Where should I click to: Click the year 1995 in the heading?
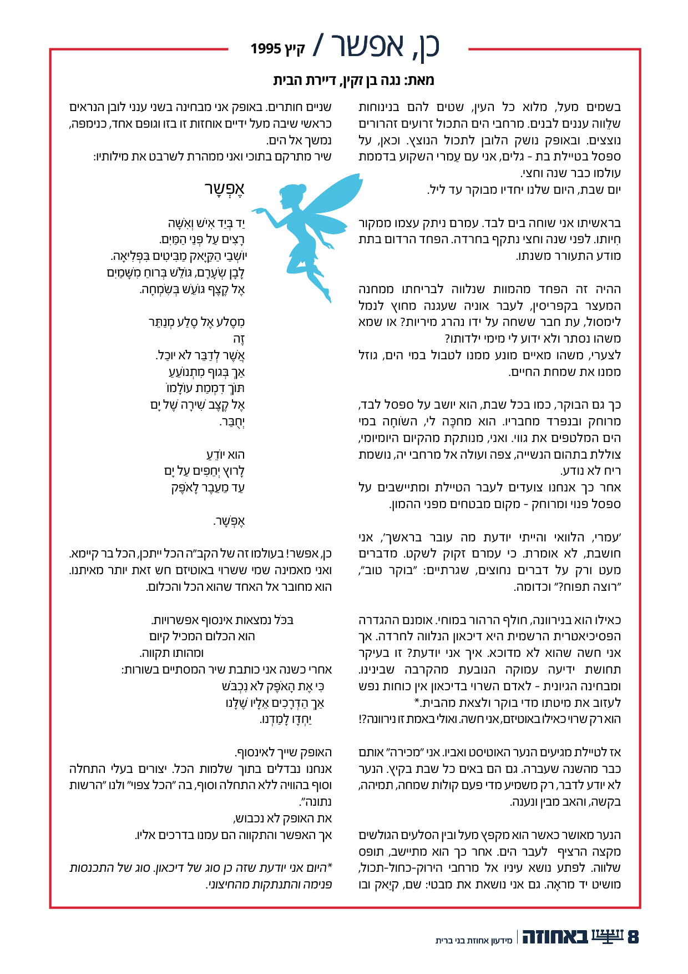pos(266,49)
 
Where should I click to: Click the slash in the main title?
pos(320,45)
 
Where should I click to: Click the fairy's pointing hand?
pos(256,210)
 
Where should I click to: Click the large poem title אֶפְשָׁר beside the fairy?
pos(224,189)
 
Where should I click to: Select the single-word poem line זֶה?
pos(239,339)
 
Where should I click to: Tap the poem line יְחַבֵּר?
pos(232,421)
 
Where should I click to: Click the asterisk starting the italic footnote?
pos(330,867)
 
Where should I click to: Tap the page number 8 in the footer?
pos(633,937)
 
